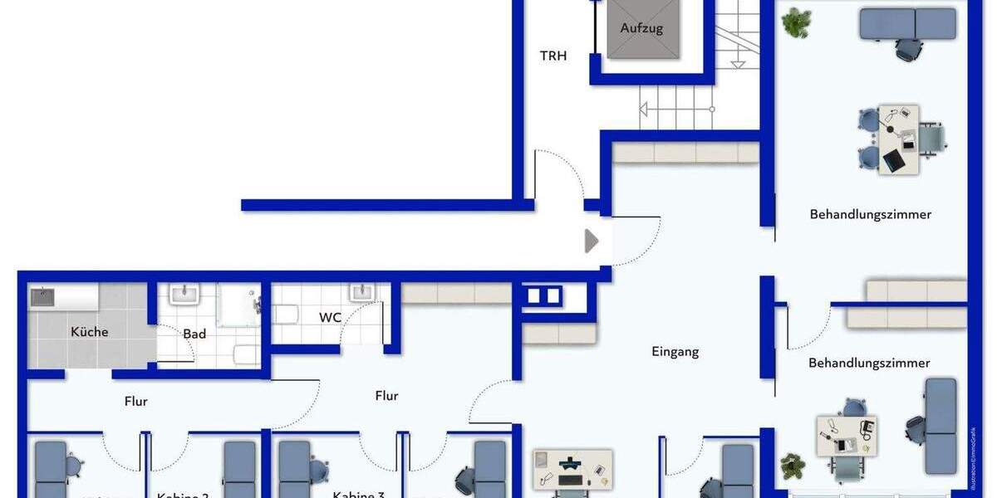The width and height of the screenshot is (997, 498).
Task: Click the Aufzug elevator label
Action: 641,28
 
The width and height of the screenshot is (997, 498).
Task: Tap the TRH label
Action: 553,56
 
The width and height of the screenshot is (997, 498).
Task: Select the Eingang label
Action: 675,351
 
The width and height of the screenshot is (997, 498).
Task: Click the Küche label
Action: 89,331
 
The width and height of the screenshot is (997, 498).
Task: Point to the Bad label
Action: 194,334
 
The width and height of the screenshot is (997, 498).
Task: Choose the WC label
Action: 331,317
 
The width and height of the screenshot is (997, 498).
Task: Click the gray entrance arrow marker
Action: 592,242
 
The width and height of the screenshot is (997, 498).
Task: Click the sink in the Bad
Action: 184,294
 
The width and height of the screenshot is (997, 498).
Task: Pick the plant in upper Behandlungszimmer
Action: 797,22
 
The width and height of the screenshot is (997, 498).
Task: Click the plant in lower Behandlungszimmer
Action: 792,466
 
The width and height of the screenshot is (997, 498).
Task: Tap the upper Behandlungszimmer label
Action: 870,214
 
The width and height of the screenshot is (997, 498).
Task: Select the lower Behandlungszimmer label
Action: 869,363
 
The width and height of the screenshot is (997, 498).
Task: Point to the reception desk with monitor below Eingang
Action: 572,469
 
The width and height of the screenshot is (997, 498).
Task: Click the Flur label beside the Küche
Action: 135,401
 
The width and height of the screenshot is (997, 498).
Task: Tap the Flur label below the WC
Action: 386,396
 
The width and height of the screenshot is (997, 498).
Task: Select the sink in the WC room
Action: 361,292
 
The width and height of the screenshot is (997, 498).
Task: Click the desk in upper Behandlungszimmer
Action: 899,139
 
